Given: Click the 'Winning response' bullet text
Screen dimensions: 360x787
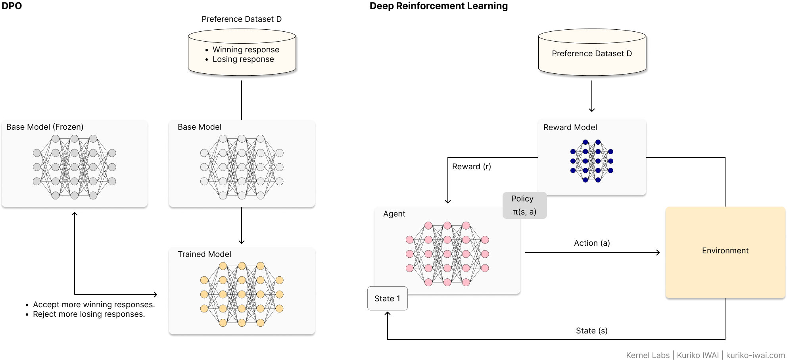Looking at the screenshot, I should [246, 50].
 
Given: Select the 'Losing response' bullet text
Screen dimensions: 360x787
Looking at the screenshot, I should [243, 59].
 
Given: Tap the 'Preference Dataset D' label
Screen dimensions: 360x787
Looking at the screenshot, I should [591, 54].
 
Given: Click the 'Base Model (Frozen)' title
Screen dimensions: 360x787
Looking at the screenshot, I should [45, 127].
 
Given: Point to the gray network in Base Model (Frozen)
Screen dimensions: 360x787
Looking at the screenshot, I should [74, 167].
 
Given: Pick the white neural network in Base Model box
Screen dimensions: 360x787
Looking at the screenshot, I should [242, 167].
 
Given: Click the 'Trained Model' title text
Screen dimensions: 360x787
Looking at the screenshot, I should [204, 254].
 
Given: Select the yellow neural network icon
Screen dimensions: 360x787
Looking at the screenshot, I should [242, 294].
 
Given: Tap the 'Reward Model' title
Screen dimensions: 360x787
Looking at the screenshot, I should [570, 127].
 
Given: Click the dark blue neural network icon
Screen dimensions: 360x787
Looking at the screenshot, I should [591, 161].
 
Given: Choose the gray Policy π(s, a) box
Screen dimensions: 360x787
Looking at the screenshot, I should [524, 205].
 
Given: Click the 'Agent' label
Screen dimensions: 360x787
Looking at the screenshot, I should [394, 214].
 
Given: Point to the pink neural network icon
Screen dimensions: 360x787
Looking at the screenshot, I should [447, 254].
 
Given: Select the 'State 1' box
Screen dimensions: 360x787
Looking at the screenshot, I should [387, 299].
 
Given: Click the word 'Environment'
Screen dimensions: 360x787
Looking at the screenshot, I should [725, 251].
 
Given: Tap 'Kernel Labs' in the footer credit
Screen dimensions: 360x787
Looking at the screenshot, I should [647, 355].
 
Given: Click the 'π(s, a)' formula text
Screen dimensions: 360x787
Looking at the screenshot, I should [524, 212].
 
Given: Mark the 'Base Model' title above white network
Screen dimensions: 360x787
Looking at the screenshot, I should [199, 127].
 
